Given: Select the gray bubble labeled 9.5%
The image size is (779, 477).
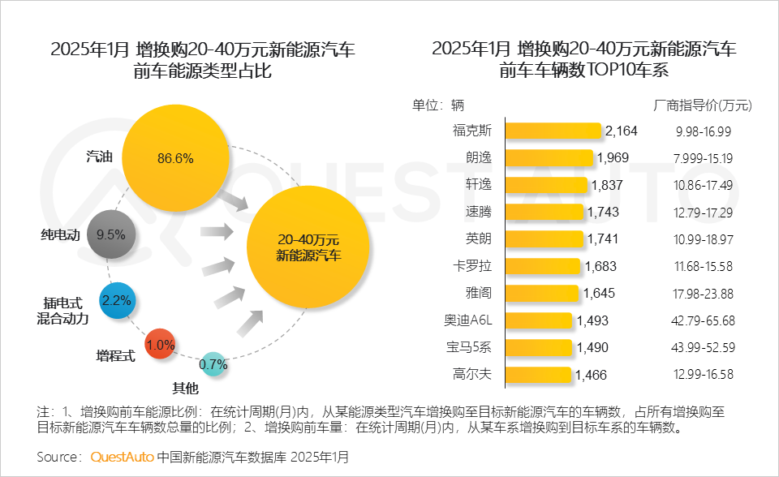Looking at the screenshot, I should tap(110, 234).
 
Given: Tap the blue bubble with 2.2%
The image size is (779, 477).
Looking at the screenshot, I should tap(117, 300).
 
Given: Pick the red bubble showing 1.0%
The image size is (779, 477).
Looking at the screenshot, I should tap(161, 345).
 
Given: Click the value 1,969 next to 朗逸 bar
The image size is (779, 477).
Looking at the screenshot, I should tap(613, 157).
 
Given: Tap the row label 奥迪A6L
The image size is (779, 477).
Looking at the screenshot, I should tap(468, 320).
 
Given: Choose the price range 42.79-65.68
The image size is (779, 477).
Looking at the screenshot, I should tap(703, 320).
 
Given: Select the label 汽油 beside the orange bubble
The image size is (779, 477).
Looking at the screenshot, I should tap(98, 157).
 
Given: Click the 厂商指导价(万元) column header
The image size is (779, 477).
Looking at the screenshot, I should tap(703, 105).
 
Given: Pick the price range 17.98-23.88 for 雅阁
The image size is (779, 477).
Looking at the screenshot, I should tap(703, 293).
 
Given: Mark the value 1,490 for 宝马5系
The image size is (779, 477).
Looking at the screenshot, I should tap(592, 347).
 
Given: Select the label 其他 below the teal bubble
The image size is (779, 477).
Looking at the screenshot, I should tap(185, 386).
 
